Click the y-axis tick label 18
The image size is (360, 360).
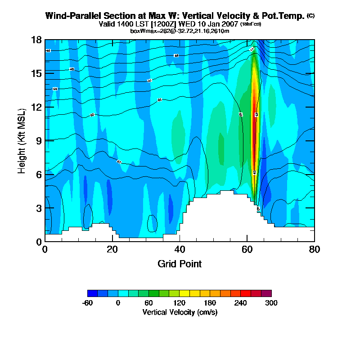point(36,40)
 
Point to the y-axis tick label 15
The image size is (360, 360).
point(36,73)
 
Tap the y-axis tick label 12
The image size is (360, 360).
point(36,107)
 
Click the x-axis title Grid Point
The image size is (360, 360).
point(180,264)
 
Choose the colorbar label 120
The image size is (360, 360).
point(180,303)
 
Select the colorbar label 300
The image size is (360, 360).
point(271,303)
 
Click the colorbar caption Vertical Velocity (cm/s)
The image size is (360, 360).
point(180,312)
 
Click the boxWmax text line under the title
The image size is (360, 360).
point(180,31)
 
